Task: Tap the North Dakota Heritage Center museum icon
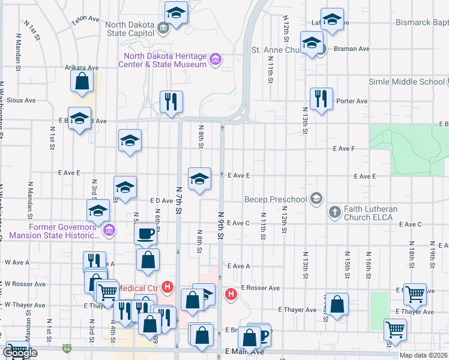[x=215, y=61]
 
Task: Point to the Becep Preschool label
[x=275, y=199]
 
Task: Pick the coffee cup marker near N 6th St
[x=146, y=233]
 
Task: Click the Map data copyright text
[x=423, y=356]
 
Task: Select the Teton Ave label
[x=85, y=19]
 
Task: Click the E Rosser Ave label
[x=260, y=288]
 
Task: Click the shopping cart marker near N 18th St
[x=415, y=293]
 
